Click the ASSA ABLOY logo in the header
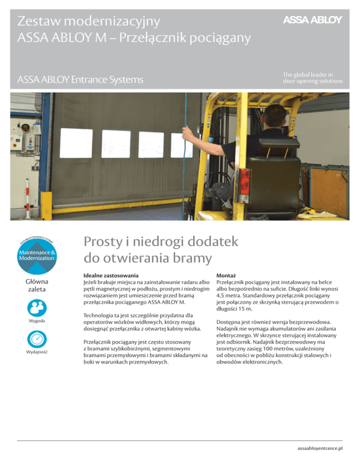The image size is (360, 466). (x=312, y=19)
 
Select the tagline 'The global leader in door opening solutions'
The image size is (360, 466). (x=312, y=77)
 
